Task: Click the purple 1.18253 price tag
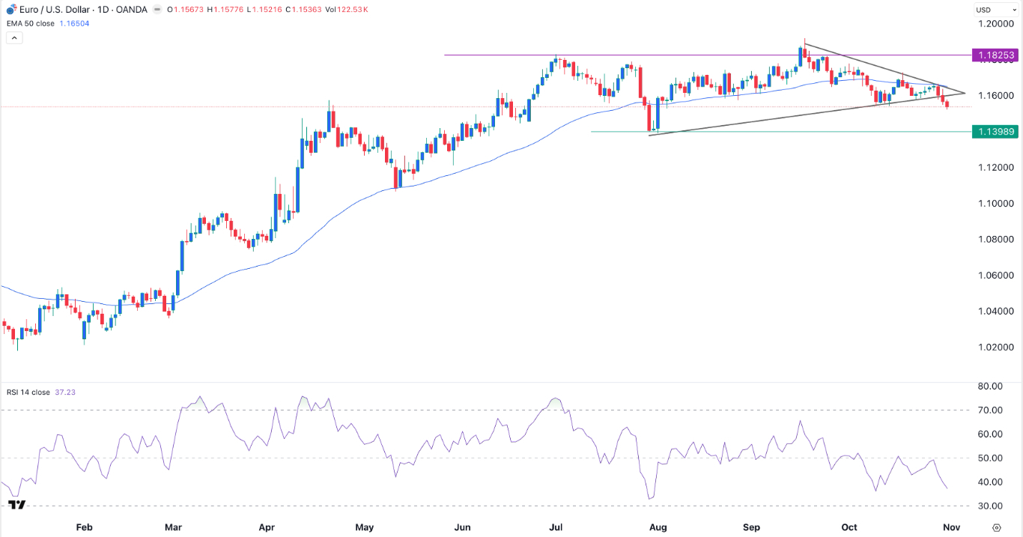pos(994,55)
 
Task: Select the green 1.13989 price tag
pos(994,132)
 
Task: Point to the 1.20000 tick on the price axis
pos(994,24)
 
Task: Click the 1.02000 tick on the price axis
pos(994,348)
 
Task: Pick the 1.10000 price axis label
pos(994,204)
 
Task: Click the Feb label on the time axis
pos(84,527)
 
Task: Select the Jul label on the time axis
pos(556,527)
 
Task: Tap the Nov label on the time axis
pos(951,527)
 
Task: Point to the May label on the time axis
pos(364,527)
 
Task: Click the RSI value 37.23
pos(66,392)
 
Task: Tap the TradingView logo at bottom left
pos(17,505)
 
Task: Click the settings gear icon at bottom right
pos(997,527)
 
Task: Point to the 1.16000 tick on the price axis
pos(994,96)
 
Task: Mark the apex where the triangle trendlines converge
pos(965,94)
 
